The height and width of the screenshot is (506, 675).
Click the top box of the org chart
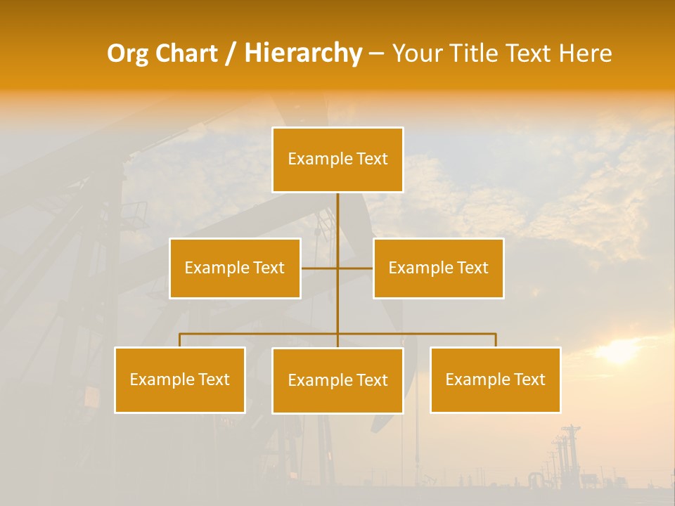(x=337, y=160)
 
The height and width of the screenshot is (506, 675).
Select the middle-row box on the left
(x=235, y=268)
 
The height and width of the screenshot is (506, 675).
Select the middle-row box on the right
(x=438, y=268)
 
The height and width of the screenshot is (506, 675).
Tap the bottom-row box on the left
(x=180, y=379)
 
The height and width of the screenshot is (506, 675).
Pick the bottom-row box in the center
(x=337, y=380)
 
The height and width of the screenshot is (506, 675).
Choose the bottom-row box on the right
(x=495, y=379)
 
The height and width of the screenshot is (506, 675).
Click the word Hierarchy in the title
(x=303, y=53)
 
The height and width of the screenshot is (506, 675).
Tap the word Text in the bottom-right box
(x=529, y=379)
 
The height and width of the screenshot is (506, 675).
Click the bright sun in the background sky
(x=619, y=352)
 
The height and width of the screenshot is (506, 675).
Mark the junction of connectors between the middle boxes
(x=337, y=268)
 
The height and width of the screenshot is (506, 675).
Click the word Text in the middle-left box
(x=269, y=268)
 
